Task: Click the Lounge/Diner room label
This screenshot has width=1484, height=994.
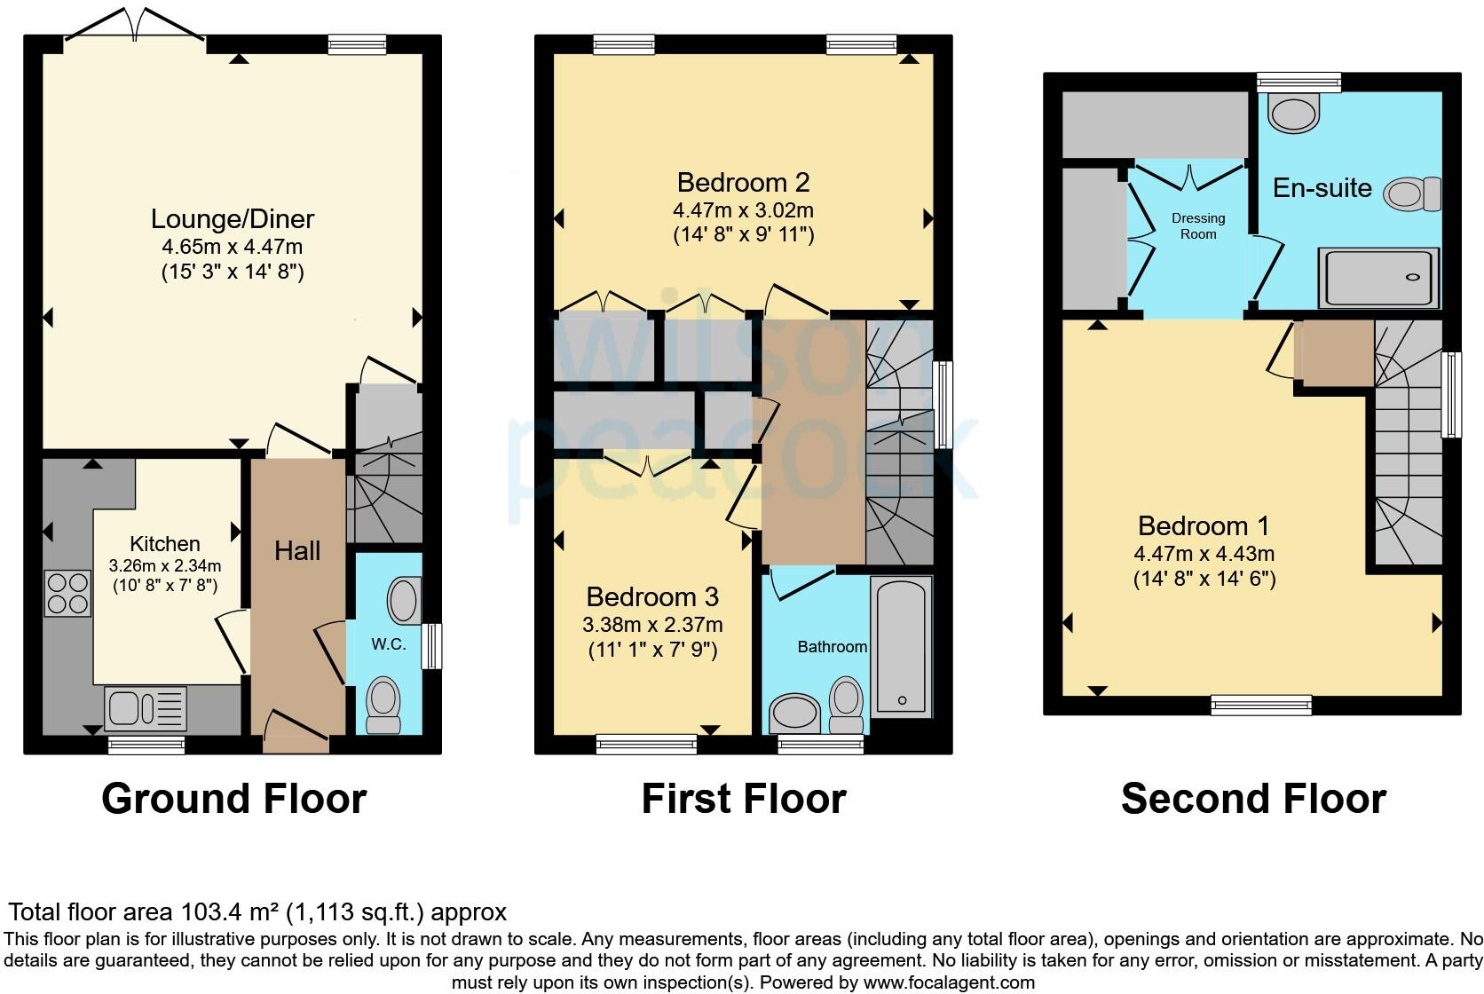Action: [233, 219]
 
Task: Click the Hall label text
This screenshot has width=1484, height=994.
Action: [296, 551]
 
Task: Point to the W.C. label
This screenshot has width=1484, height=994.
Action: [389, 645]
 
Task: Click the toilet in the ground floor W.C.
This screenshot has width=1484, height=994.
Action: [383, 704]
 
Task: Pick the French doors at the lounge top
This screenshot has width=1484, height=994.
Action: [134, 25]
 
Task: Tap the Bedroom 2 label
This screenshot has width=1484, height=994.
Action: [743, 183]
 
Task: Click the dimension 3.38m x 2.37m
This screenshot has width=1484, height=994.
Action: [652, 624]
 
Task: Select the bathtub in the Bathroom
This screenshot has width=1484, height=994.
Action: [902, 647]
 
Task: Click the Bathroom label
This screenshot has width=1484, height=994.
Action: [832, 647]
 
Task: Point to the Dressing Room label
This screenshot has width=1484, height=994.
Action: [1198, 226]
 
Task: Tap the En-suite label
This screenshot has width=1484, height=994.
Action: [1322, 188]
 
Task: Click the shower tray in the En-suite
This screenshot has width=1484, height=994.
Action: [1377, 277]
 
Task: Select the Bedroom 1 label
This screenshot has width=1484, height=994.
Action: [1204, 526]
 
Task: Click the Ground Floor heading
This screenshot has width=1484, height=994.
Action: [233, 798]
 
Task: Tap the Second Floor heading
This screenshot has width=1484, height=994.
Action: [1253, 798]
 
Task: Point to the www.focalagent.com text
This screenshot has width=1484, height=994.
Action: [949, 982]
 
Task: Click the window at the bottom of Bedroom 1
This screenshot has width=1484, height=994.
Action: [1261, 705]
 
